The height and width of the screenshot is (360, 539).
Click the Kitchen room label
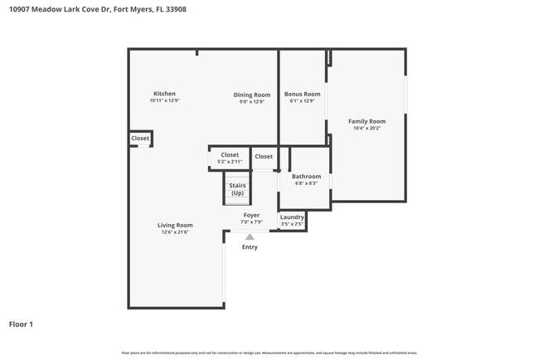click(164, 94)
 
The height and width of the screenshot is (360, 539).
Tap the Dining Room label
click(251, 95)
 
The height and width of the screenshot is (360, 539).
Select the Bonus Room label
click(302, 95)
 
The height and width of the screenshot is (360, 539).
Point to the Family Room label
click(367, 121)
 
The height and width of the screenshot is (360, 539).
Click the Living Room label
click(175, 225)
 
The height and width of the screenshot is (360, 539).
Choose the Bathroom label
click(306, 177)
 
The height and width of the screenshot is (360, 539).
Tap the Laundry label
click(292, 217)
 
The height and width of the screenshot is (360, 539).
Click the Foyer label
click(250, 215)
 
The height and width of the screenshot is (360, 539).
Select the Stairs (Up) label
click(237, 189)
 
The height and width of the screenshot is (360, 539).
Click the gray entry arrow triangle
click(250, 236)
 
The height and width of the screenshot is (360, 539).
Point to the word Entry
click(250, 246)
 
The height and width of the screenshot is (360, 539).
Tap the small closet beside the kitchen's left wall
click(140, 139)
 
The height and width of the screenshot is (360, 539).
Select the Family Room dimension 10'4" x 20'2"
click(367, 129)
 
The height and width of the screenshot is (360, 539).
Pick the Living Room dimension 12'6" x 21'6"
click(175, 232)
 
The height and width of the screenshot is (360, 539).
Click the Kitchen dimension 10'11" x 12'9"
click(164, 101)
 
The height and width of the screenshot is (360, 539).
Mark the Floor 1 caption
click(21, 324)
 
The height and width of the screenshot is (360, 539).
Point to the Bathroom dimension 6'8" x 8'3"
click(306, 183)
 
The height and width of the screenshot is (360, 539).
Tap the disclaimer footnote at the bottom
click(269, 353)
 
